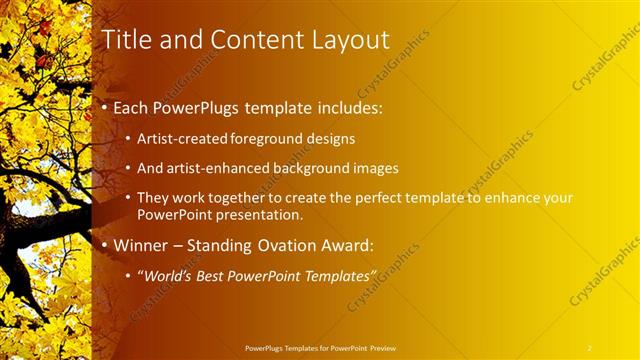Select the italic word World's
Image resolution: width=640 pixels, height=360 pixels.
(170, 275)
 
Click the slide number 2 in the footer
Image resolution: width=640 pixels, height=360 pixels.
(590, 347)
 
